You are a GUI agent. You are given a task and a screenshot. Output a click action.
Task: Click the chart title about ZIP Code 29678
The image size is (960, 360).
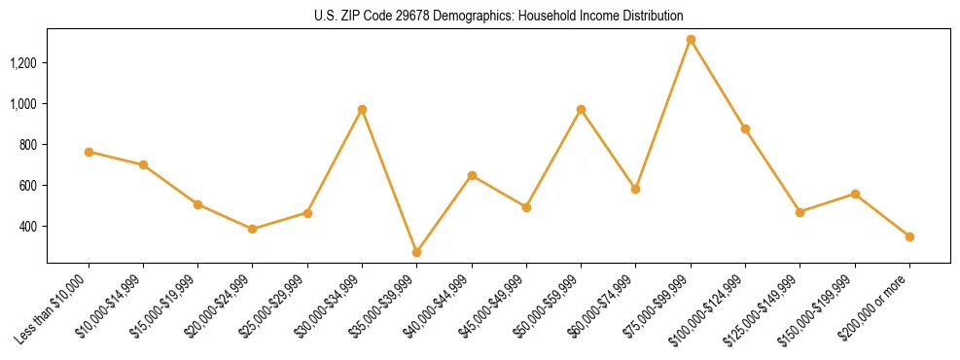coord(498,17)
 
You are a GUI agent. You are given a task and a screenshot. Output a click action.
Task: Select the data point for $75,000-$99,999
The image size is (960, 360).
coord(691,40)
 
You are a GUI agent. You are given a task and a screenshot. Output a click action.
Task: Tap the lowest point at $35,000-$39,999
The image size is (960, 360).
coord(417,252)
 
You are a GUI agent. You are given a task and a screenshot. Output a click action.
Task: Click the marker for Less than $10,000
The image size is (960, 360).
coord(89,152)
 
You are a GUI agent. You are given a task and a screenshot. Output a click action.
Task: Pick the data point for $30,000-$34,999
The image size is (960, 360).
coord(362,110)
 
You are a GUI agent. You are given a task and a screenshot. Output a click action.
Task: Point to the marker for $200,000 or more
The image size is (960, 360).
coord(909,236)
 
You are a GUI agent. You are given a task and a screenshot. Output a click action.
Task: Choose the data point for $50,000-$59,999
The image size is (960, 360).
coord(581,110)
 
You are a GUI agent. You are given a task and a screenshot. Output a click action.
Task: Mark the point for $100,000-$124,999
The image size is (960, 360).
coord(745,128)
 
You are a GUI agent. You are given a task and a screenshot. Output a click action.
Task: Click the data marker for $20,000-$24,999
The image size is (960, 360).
coord(253,229)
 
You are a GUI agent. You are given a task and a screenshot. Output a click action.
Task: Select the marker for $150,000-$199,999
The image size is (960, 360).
coord(855,194)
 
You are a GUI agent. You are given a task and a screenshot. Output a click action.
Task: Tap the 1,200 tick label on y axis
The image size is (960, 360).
coord(23,63)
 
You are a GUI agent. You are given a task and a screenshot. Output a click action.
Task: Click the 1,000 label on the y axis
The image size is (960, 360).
coord(23,104)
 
